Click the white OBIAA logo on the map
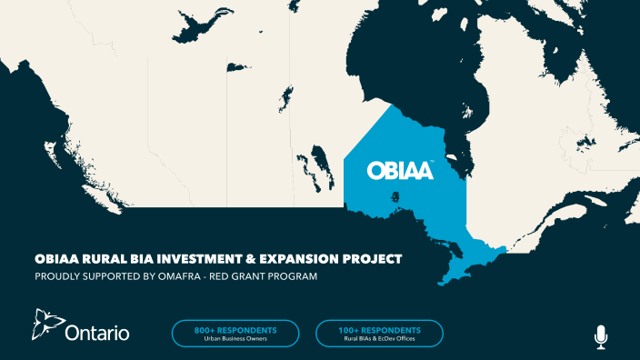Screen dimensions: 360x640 tap(400, 170)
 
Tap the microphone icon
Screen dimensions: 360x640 tap(600, 336)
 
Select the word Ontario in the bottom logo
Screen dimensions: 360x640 tap(97, 334)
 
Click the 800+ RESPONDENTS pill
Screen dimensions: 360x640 tap(235, 334)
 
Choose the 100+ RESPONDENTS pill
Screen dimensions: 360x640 tap(379, 334)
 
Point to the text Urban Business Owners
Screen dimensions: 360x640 tap(235, 339)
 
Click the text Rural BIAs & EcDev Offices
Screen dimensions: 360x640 tap(379, 339)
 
